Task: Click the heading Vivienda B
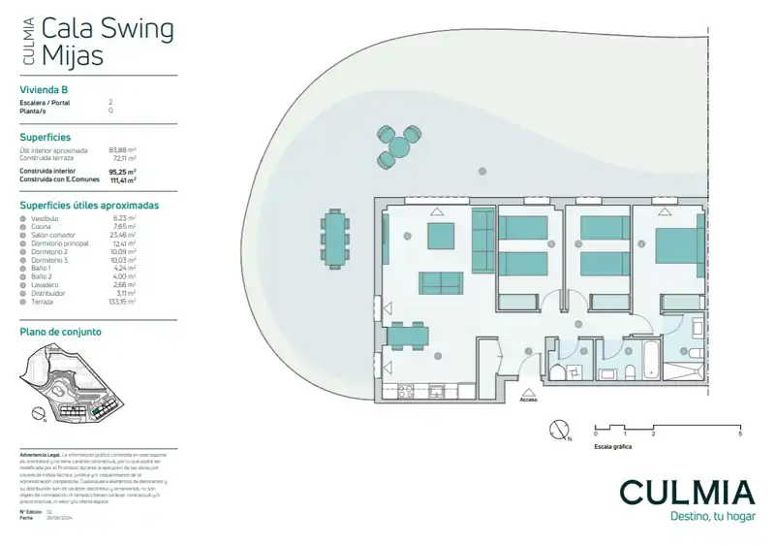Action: pos(45,90)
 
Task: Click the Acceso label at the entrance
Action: pos(528,399)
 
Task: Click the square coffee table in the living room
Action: pos(441,237)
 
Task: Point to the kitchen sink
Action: pos(438,391)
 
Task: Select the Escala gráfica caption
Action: pos(612,446)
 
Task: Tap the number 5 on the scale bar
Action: pos(740,434)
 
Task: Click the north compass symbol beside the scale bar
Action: pos(558,429)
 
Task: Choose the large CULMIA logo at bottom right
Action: pos(686,492)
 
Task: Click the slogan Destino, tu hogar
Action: pos(712,517)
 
